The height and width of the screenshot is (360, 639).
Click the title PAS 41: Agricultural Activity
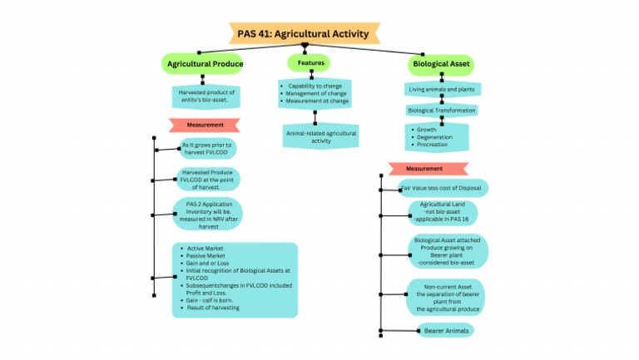(x=305, y=32)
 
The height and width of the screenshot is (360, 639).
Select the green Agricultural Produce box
(x=205, y=63)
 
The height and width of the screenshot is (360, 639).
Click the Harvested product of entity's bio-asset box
(x=206, y=96)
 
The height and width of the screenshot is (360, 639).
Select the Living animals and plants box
(x=443, y=89)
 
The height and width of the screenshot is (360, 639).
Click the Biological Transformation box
(x=441, y=110)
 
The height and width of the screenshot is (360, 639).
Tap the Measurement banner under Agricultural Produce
(x=205, y=125)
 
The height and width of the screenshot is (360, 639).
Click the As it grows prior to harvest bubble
(x=208, y=149)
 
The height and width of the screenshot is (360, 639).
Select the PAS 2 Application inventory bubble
(x=208, y=214)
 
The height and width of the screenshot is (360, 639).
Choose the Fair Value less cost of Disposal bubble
(x=443, y=188)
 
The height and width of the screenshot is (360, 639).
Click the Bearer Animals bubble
(x=445, y=330)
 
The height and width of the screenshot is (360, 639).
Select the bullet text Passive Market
(x=207, y=256)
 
